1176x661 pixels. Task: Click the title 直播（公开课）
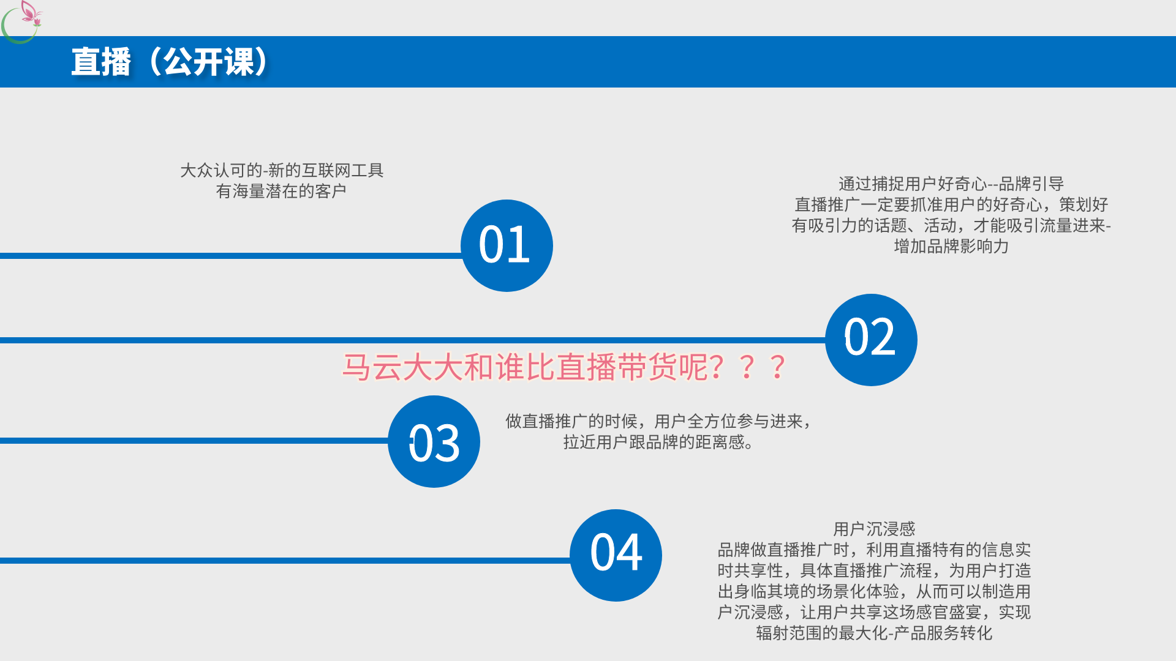[170, 62]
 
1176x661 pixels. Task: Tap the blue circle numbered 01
[507, 245]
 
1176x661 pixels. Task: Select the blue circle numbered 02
[871, 340]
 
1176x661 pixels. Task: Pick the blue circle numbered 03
[434, 441]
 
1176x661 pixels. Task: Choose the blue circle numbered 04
[616, 555]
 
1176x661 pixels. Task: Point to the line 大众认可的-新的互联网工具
[282, 170]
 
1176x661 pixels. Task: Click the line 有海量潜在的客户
[281, 191]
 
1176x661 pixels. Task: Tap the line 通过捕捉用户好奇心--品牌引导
[951, 184]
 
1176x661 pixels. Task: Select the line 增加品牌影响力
[951, 246]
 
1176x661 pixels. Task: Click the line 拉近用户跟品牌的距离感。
[658, 442]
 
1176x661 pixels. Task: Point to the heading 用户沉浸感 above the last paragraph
[874, 529]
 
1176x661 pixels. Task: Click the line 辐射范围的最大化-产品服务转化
[874, 633]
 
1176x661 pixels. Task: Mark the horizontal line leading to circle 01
[231, 256]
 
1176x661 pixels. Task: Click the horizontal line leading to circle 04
[285, 561]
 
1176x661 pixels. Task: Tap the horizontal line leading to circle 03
[194, 441]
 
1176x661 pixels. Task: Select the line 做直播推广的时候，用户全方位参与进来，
[658, 421]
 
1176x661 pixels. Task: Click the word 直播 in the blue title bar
[101, 62]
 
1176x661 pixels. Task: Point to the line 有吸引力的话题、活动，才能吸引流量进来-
[951, 225]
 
